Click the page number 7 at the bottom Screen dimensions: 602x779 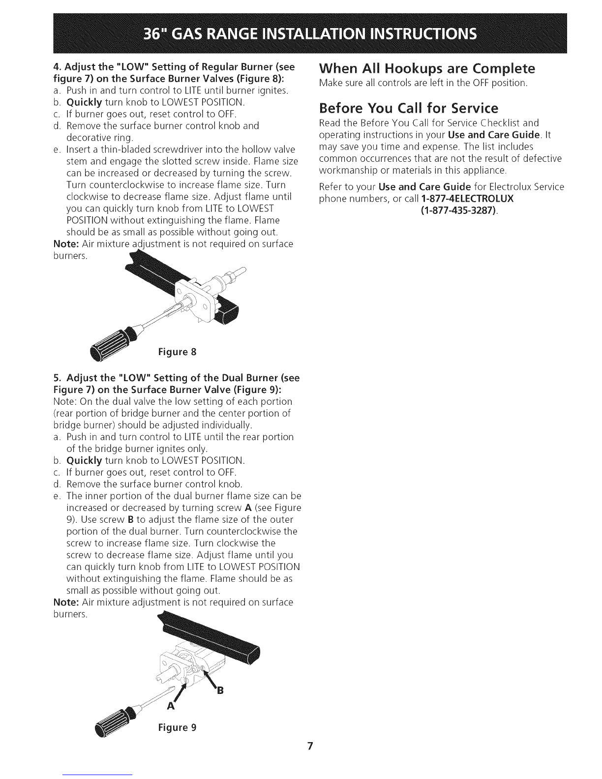(310, 746)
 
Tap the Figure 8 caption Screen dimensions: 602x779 (177, 352)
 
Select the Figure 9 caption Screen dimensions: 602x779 (177, 727)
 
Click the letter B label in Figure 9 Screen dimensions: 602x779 (220, 690)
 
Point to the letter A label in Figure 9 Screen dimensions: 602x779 (171, 706)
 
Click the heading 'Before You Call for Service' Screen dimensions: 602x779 (409, 108)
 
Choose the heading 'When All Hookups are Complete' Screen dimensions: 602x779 (427, 68)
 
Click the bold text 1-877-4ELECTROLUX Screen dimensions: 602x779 (468, 199)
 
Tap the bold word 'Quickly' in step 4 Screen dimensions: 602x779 (85, 102)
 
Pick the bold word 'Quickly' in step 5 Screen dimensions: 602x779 (85, 460)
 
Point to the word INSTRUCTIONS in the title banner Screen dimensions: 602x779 (423, 34)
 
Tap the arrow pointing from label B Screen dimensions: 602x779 (209, 678)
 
